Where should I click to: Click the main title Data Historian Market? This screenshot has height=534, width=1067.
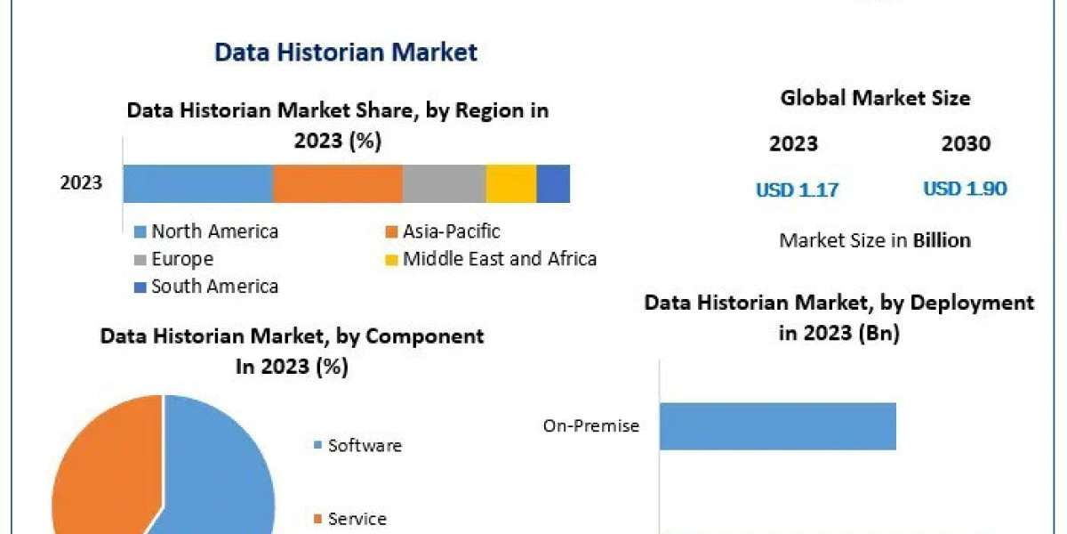point(346,53)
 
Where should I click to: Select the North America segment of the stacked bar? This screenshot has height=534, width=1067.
point(197,183)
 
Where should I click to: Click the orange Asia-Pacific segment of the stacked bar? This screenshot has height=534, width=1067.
point(337,183)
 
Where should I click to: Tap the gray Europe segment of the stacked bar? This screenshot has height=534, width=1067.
point(444,183)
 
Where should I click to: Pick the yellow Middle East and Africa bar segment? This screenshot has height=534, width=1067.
point(510,183)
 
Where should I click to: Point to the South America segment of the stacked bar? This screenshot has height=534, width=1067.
point(553,183)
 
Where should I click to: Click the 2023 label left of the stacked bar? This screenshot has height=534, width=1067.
point(81,184)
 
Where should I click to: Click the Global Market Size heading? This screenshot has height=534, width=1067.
point(875,98)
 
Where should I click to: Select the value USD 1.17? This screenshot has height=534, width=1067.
point(797,190)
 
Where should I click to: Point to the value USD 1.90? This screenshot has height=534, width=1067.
point(965,190)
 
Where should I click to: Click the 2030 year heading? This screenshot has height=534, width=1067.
point(966,144)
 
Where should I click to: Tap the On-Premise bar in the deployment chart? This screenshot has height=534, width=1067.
point(777,425)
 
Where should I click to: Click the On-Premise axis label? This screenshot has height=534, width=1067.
point(591,426)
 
